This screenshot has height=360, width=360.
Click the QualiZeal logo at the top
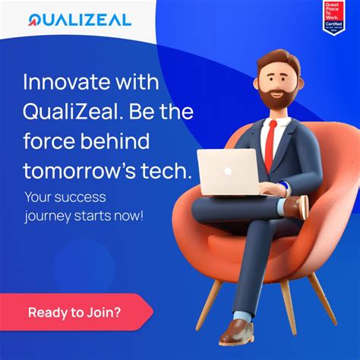(79, 19)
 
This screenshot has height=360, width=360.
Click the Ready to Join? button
(74, 311)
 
